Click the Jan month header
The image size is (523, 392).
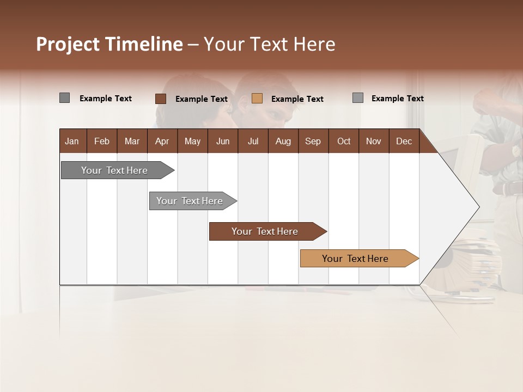(72, 141)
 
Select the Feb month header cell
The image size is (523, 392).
(102, 141)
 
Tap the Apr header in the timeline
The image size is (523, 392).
(162, 141)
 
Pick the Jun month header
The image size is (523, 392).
(223, 141)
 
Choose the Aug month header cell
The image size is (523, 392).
(283, 141)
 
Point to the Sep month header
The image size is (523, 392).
(313, 141)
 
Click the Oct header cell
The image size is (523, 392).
(344, 141)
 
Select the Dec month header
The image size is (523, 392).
(404, 141)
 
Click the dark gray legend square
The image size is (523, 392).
(64, 98)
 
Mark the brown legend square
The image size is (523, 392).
(161, 99)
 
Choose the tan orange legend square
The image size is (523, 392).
(257, 99)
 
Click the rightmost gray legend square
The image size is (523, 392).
(358, 98)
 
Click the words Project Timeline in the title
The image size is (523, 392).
(109, 44)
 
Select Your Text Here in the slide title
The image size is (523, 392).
(269, 44)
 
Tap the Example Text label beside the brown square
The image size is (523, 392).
(202, 99)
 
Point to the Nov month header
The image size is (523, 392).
(374, 141)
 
